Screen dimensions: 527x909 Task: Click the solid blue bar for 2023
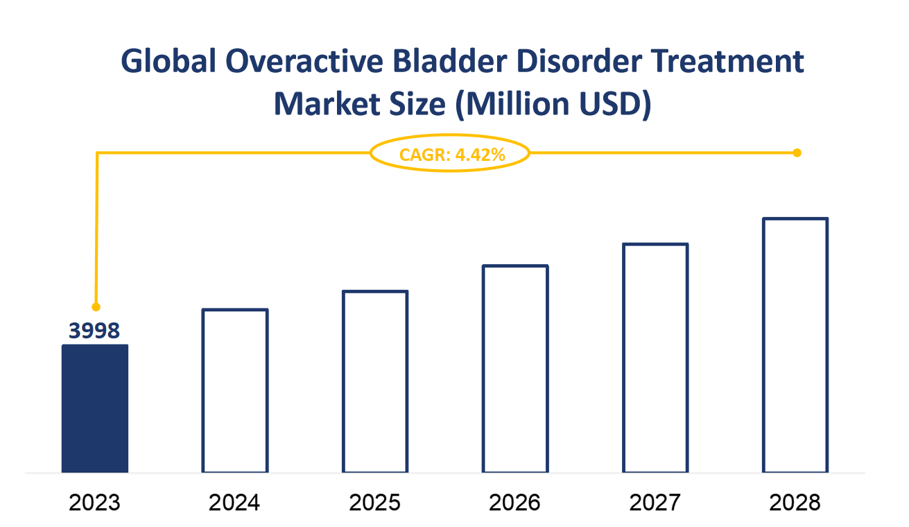(95, 408)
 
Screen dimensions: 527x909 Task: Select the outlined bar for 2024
(235, 391)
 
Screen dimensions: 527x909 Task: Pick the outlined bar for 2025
(375, 382)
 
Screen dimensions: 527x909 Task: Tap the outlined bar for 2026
(515, 369)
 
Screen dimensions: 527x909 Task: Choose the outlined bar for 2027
(655, 358)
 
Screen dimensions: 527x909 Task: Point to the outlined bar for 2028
(795, 345)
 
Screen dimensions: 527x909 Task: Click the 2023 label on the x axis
(95, 502)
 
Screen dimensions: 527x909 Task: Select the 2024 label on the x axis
(235, 502)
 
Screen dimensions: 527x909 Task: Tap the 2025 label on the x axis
(375, 502)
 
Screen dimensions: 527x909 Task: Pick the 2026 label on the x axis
(515, 502)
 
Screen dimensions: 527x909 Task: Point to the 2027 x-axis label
(655, 502)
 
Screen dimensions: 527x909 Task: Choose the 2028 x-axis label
(795, 502)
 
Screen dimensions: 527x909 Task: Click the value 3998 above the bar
(95, 331)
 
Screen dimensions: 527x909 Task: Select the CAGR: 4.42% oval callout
(451, 154)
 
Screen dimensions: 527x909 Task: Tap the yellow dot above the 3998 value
(96, 306)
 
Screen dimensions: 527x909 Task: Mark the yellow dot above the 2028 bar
(797, 153)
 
